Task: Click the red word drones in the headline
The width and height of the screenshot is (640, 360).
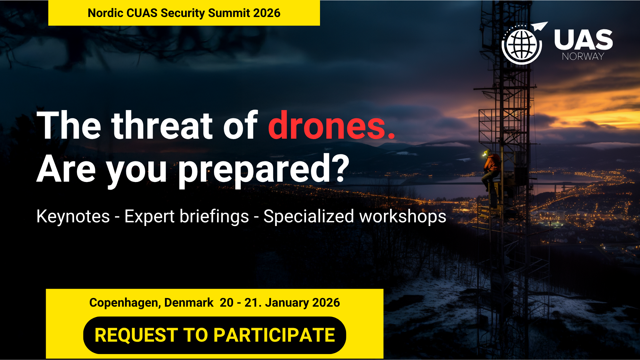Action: pos(331,126)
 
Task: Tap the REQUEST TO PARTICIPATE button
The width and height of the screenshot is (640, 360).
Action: pos(215,335)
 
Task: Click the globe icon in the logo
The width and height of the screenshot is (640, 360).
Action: pos(522,45)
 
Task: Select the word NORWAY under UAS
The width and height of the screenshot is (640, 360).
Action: pos(583,56)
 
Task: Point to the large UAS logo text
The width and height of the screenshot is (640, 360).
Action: pos(583,40)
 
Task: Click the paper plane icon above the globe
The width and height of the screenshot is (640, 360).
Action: pos(539,26)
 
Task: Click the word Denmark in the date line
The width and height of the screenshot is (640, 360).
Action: pos(189,302)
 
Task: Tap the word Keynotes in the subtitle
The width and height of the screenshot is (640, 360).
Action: pos(73,216)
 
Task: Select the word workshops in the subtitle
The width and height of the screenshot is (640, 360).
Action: pos(403,216)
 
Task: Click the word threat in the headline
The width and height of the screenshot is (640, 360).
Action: pos(162,126)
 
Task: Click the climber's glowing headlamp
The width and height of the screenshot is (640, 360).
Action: pos(485,154)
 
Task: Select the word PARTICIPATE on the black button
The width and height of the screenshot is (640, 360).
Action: pos(274,335)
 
